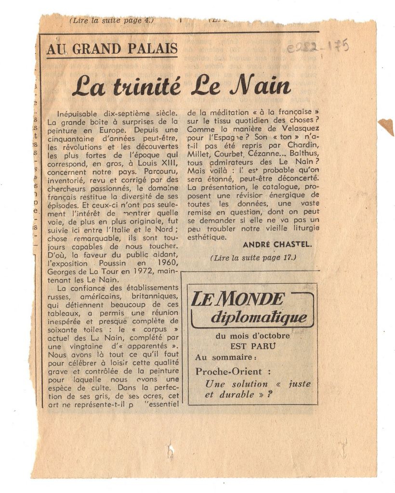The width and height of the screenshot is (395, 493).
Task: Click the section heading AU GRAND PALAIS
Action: pyautogui.click(x=112, y=49)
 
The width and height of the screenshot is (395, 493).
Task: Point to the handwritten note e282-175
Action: pyautogui.click(x=317, y=47)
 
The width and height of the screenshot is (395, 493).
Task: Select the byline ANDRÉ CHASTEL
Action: pyautogui.click(x=277, y=245)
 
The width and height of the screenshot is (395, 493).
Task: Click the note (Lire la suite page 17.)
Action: pyautogui.click(x=253, y=258)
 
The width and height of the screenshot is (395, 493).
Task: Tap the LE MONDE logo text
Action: pyautogui.click(x=237, y=299)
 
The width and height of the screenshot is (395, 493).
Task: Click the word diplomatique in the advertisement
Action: pyautogui.click(x=259, y=317)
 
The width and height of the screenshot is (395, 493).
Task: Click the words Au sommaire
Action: pyautogui.click(x=225, y=357)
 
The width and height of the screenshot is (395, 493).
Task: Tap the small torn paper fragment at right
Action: pyautogui.click(x=386, y=126)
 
